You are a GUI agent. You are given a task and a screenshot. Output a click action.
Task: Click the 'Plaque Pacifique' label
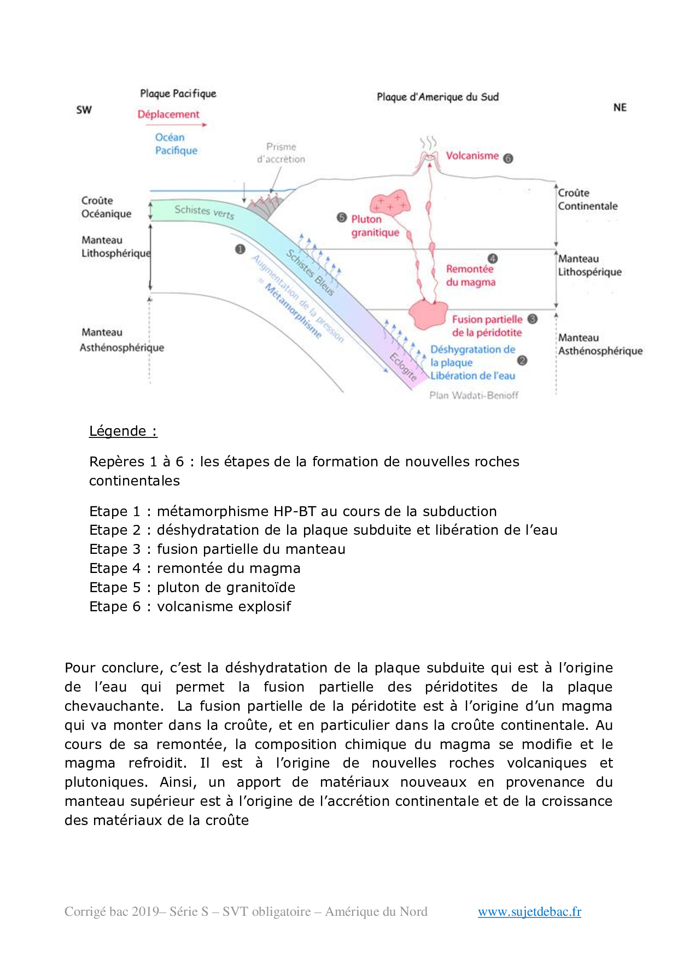pyautogui.click(x=178, y=93)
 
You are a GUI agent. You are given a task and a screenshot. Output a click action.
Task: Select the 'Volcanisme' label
pyautogui.click(x=472, y=156)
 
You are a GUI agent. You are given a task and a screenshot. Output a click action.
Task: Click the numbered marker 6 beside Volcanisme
pyautogui.click(x=508, y=159)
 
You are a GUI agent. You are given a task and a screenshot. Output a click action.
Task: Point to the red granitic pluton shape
pyautogui.click(x=390, y=204)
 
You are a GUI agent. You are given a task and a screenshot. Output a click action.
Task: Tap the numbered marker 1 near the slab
pyautogui.click(x=239, y=249)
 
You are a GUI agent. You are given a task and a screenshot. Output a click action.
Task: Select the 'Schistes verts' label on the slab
pyautogui.click(x=204, y=211)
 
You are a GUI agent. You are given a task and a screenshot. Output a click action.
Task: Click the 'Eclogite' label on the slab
pyautogui.click(x=404, y=366)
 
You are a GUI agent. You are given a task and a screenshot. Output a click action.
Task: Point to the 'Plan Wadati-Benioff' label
pyautogui.click(x=474, y=395)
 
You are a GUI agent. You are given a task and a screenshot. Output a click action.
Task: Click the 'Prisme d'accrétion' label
pyautogui.click(x=281, y=153)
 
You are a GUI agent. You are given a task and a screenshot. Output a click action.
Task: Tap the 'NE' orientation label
pyautogui.click(x=619, y=108)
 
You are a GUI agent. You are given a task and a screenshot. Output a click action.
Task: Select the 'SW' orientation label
pyautogui.click(x=84, y=110)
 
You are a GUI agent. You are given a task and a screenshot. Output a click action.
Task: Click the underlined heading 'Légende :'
pyautogui.click(x=123, y=431)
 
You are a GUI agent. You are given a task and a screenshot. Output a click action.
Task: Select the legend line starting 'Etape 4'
pyautogui.click(x=195, y=568)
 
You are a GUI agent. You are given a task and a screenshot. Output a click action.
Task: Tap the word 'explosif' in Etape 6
pyautogui.click(x=267, y=606)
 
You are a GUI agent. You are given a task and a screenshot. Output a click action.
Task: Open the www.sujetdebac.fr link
pyautogui.click(x=529, y=911)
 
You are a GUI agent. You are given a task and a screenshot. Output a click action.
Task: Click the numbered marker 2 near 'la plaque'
pyautogui.click(x=522, y=360)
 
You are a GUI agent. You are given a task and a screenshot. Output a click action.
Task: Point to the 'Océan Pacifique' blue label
pyautogui.click(x=176, y=144)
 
